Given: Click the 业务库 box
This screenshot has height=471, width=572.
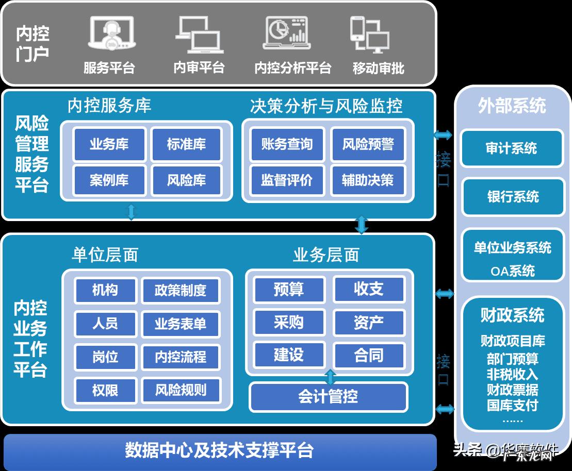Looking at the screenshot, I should tap(109, 144).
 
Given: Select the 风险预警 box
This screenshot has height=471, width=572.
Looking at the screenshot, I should tap(368, 144).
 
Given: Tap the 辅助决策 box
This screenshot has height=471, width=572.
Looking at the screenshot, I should tap(368, 180).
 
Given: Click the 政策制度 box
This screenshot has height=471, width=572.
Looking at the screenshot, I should tap(180, 291).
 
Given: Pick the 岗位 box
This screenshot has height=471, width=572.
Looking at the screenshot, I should tap(105, 357).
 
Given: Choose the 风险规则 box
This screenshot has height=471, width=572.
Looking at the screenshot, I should tap(180, 390).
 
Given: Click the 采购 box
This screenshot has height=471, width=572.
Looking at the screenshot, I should tap(289, 323).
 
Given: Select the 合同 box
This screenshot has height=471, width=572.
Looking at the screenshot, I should tap(368, 356).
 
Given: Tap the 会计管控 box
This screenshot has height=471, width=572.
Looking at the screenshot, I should tap(328, 397).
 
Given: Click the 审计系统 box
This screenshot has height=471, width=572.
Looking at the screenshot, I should tap(511, 148).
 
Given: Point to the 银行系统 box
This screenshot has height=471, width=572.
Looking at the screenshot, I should tap(513, 197).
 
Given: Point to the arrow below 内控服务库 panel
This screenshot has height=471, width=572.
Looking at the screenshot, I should tap(132, 212).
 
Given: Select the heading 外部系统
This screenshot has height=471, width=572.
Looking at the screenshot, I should tap(512, 106).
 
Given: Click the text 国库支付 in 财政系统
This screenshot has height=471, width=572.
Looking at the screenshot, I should tap(512, 405).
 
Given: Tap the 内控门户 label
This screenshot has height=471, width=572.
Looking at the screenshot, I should tap(32, 44).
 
